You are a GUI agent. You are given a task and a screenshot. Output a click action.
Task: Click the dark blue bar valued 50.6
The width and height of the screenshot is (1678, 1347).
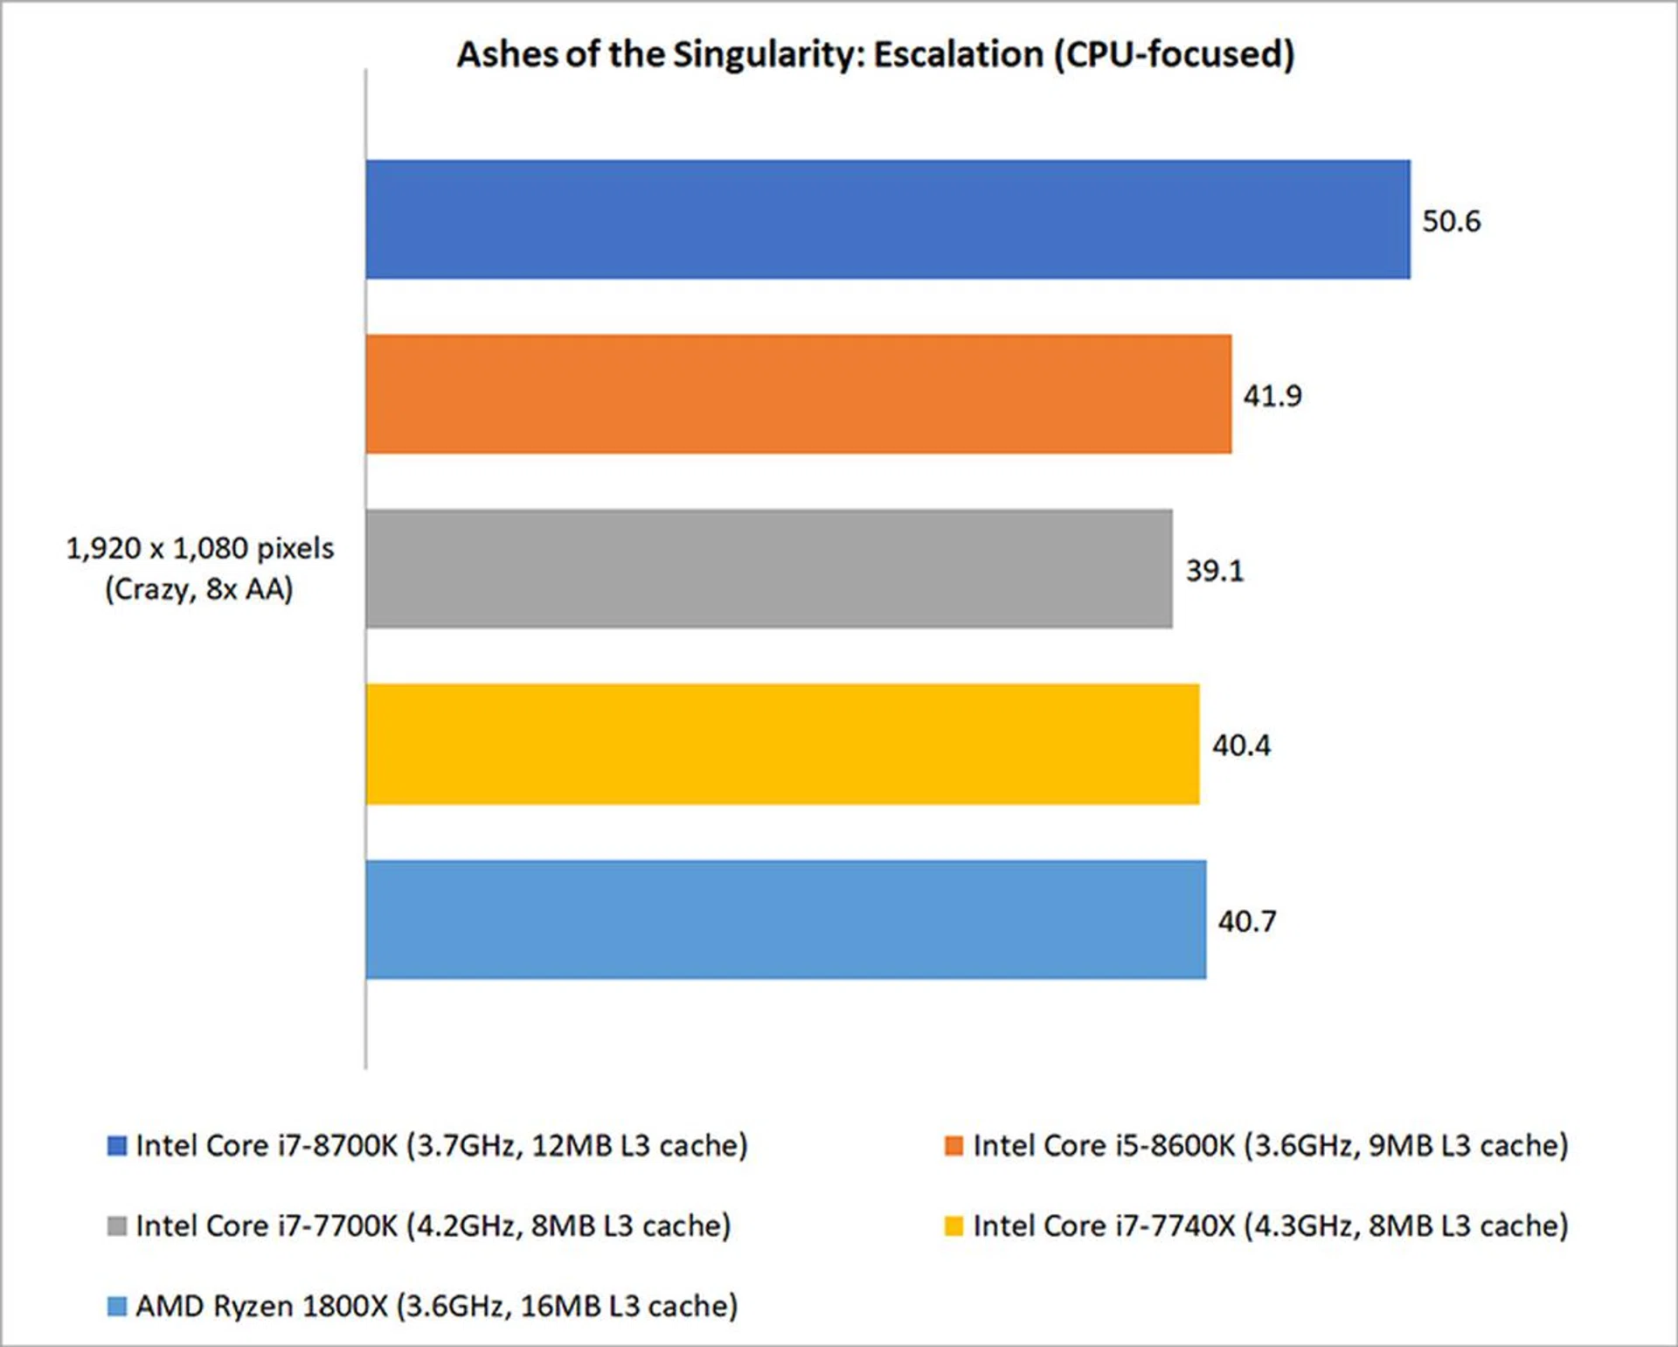coord(887,219)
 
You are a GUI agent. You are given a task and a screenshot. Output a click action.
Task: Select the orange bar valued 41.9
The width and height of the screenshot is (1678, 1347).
coord(798,394)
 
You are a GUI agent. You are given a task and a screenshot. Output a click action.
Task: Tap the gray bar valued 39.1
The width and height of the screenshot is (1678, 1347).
coord(769,569)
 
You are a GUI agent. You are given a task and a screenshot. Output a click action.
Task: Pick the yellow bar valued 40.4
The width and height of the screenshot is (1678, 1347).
coord(782,744)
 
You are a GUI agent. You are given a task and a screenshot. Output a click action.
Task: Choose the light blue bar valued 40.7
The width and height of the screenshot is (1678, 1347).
coord(786,920)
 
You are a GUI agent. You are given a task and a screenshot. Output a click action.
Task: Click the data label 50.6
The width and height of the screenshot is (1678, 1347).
coord(1451,221)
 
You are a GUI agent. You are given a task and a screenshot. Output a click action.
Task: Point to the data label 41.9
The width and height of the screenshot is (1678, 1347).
coord(1272,396)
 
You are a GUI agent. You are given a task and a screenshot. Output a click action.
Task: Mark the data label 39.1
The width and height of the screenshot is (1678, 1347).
coord(1214,571)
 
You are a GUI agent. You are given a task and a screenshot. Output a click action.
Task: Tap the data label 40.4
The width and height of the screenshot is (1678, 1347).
coord(1241,746)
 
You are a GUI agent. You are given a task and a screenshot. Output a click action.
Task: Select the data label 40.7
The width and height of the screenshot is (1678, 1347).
coord(1247,921)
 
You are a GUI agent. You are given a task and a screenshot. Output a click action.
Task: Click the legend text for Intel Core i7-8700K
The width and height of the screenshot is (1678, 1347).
coord(441,1146)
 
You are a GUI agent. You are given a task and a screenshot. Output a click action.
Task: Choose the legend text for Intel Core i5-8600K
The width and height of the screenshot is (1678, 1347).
coord(1271,1146)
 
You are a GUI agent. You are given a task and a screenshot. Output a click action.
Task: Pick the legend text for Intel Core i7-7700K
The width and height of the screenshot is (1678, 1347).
coord(433,1226)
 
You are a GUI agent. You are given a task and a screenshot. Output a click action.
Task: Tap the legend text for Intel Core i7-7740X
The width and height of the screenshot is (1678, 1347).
coord(1271,1226)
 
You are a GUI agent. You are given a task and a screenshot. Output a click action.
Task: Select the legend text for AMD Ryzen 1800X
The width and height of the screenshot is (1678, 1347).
coord(437,1307)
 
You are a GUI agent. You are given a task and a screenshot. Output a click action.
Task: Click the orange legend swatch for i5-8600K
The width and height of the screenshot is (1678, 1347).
coord(953,1146)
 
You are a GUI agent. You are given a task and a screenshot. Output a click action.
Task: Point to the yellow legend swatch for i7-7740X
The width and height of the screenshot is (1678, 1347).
coord(953,1226)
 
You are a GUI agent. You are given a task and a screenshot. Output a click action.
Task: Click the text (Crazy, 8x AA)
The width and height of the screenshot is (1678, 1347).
coord(199,589)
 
